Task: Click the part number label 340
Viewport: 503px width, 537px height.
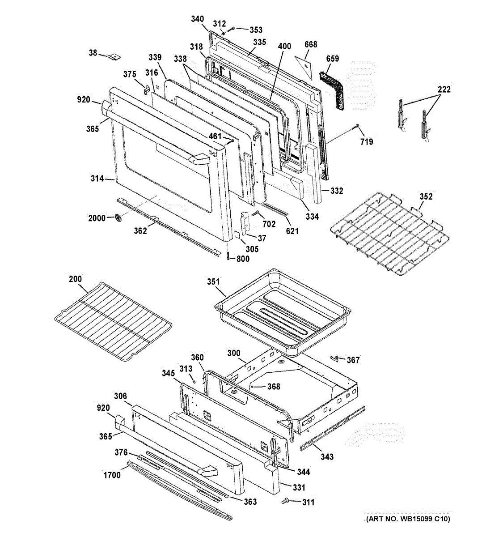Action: (197, 19)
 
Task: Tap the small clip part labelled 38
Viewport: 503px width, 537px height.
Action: (115, 57)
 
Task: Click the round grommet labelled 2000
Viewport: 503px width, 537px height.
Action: (118, 218)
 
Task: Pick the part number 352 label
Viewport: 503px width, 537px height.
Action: (426, 196)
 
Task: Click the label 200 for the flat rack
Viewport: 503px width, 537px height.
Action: (75, 279)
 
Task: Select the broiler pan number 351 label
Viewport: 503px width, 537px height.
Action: (213, 281)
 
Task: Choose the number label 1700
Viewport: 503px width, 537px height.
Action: (112, 475)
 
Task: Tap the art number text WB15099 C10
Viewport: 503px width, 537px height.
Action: (408, 519)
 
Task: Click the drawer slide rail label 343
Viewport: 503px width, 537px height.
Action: (327, 456)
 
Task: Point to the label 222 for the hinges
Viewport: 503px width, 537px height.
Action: (444, 89)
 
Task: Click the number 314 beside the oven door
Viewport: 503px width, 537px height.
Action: (97, 179)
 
